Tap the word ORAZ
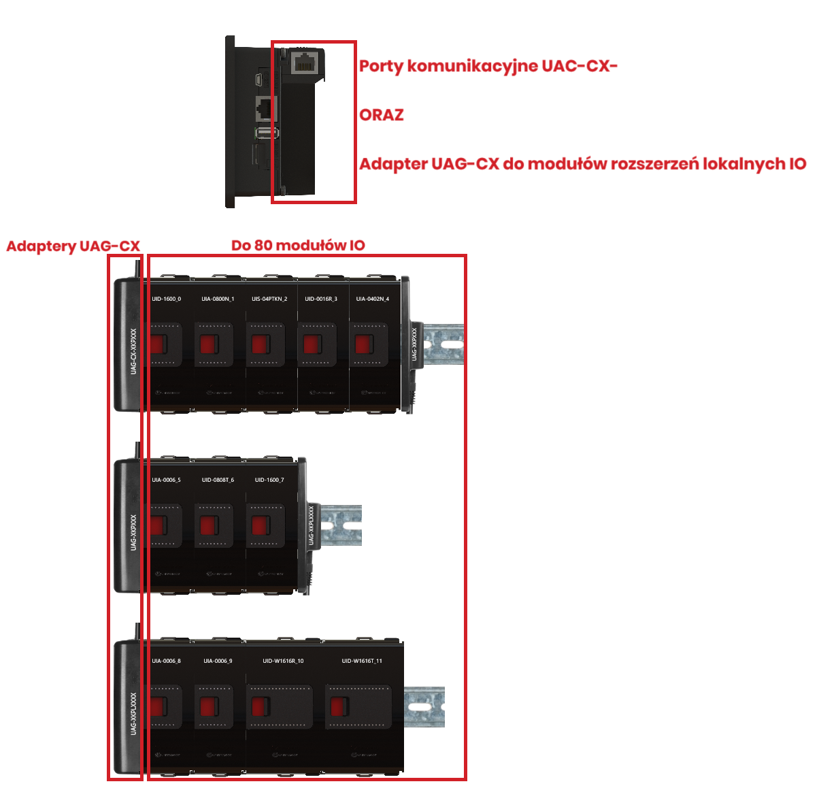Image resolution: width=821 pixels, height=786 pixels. pos(381,115)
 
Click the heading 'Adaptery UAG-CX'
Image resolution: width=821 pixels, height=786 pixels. pos(73,246)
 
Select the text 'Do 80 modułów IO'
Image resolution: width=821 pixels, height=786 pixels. pos(298,246)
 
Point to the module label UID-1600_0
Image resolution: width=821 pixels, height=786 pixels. pos(166,299)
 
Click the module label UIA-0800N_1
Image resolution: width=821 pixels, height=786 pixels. pos(218,299)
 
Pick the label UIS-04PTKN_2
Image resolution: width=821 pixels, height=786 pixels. pos(269,299)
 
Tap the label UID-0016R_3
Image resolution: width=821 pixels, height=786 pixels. pos(321,299)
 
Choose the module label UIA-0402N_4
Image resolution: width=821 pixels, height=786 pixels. pos(373,299)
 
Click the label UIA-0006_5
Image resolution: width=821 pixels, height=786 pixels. pos(166,480)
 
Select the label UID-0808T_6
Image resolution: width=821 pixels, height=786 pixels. pos(218,480)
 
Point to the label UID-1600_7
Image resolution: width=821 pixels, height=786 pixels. pos(269,480)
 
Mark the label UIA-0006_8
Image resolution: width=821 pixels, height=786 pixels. pos(166,661)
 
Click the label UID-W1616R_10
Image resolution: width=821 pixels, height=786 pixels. pos(283,661)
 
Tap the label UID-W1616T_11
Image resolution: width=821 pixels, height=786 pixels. pos(362,661)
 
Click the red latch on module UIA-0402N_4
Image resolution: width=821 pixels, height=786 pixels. pos(364,344)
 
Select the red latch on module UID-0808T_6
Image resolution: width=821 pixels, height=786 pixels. pos(208,525)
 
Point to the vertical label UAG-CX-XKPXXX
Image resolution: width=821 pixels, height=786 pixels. pos(133,351)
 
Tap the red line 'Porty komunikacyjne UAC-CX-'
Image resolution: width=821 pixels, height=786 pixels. pos(488,66)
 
